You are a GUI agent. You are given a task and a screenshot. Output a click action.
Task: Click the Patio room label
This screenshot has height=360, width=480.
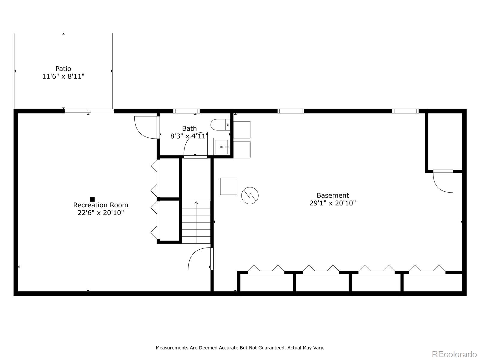coord(63,69)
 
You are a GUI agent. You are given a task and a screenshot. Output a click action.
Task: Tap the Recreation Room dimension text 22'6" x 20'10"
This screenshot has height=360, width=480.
coord(100,213)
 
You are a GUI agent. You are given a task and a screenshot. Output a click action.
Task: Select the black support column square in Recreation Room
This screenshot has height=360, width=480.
coord(92,199)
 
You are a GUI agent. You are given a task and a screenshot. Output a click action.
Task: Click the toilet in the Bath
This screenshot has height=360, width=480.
coord(220,124)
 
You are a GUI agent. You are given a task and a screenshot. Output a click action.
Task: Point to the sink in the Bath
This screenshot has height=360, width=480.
coord(222,147)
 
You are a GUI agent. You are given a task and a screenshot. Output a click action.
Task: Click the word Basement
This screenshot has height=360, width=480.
coord(333,195)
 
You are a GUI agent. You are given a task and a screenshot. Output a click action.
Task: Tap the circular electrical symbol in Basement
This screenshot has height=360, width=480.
coord(250,196)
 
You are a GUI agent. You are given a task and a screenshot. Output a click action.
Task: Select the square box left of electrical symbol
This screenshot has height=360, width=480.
coord(229,186)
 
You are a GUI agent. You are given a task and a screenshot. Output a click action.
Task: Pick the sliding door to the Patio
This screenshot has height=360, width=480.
coord(89,111)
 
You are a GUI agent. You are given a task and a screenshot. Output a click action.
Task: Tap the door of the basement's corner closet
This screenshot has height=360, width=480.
coord(443,181)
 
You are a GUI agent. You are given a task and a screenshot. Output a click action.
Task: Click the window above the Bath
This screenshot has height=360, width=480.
coord(186,111)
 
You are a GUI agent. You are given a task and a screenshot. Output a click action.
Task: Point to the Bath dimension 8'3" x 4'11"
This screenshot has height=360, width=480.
coord(189,136)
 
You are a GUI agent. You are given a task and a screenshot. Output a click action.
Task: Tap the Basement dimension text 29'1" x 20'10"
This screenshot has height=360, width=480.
coord(333,203)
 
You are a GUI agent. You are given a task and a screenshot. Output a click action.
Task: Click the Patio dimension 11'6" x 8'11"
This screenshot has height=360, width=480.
coord(63,76)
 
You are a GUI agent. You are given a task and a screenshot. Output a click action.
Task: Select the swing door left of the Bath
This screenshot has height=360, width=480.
coord(146,127)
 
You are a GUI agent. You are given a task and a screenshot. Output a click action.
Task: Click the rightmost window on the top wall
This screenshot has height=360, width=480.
coord(405,111)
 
